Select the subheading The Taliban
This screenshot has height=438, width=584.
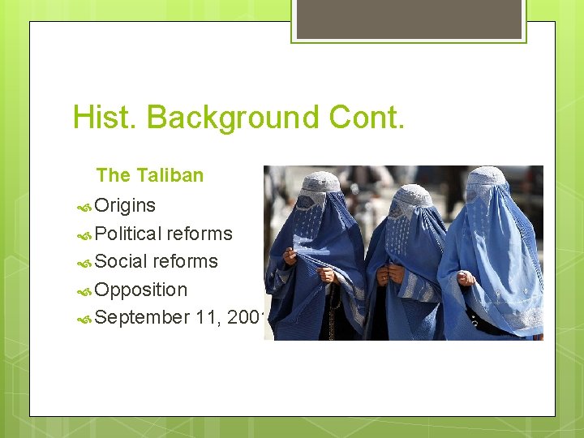(149, 175)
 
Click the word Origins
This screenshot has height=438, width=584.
(125, 205)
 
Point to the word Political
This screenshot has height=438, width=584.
(128, 234)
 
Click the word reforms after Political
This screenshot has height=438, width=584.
(200, 234)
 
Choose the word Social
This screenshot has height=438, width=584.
(121, 261)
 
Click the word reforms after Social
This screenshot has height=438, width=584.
(185, 261)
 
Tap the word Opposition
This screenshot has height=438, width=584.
(140, 290)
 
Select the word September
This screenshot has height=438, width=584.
(142, 317)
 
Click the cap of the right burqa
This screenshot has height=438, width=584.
(487, 177)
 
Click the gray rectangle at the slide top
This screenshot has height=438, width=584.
(409, 18)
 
